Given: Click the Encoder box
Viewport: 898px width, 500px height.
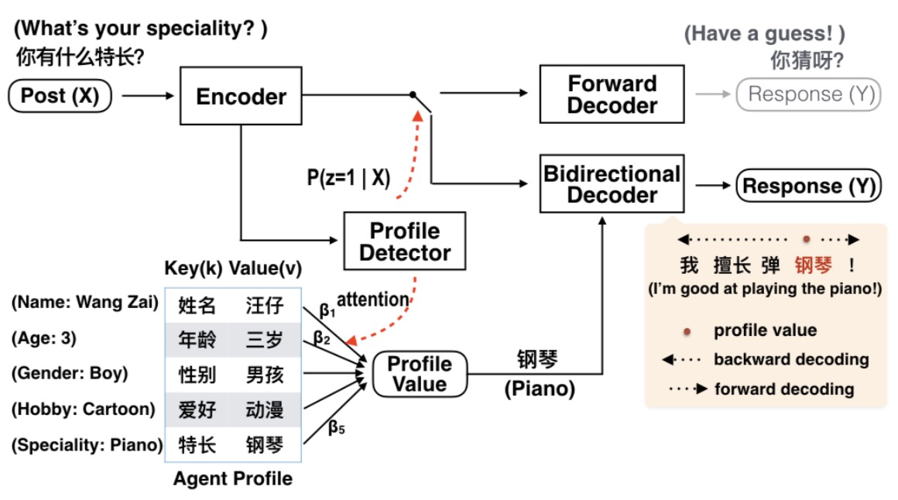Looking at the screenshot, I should (241, 96).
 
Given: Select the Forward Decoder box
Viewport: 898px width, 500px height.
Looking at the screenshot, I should (612, 94).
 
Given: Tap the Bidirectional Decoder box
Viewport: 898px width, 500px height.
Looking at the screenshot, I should (612, 184).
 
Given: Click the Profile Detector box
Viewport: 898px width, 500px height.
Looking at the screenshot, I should (405, 241).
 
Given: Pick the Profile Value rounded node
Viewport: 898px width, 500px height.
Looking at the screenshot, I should (419, 374).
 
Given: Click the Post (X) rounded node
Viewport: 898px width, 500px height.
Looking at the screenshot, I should (60, 96).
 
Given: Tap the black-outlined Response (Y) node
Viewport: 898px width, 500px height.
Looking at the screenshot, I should (808, 186).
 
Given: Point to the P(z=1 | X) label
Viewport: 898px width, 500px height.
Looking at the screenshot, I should (348, 178).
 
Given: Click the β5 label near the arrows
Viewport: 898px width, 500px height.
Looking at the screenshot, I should (336, 426).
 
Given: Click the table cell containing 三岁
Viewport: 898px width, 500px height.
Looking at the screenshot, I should (265, 339).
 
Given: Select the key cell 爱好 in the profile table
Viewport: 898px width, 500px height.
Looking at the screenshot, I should (197, 409).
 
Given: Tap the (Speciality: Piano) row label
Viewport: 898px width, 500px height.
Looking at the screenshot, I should (87, 445).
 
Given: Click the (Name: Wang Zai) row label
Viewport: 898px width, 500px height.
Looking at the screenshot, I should (84, 303).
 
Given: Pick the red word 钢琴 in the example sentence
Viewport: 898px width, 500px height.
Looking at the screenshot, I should (812, 265).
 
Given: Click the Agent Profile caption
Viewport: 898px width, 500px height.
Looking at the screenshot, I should (232, 478).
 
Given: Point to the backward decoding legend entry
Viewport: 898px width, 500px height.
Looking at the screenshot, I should (790, 359).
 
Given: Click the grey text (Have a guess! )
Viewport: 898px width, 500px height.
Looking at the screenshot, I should (764, 33).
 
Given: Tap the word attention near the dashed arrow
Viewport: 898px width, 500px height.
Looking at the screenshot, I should (372, 299).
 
